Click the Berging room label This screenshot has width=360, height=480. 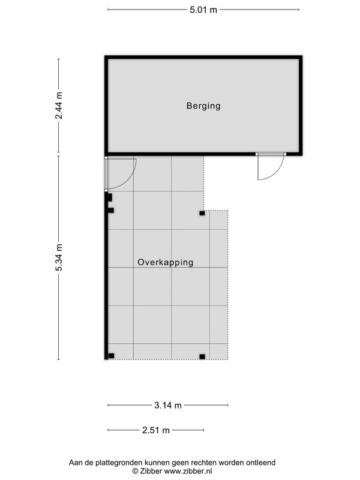click(x=203, y=106)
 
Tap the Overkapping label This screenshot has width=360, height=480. click(x=166, y=262)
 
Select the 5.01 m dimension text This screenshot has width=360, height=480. click(x=203, y=10)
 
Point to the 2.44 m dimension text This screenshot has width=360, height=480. click(x=58, y=106)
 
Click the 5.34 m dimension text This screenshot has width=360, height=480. click(x=58, y=257)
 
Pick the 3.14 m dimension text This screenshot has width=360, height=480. click(x=168, y=406)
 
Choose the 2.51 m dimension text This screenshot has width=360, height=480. click(x=156, y=430)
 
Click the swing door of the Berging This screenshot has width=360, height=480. click(x=271, y=166)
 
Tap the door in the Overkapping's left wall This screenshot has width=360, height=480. click(x=120, y=173)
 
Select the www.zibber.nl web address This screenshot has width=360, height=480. click(x=188, y=471)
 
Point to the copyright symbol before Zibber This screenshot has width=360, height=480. click(x=136, y=471)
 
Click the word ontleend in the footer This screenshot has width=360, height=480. click(x=262, y=462)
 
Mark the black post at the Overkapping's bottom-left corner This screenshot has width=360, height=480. click(x=111, y=356)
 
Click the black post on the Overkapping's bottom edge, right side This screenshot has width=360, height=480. click(x=202, y=356)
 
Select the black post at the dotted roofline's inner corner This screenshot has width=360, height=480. click(x=202, y=213)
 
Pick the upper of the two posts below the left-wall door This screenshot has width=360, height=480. click(x=110, y=197)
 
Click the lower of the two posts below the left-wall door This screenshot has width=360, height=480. click(x=111, y=211)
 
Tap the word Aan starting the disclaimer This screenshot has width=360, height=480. click(x=75, y=462)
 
